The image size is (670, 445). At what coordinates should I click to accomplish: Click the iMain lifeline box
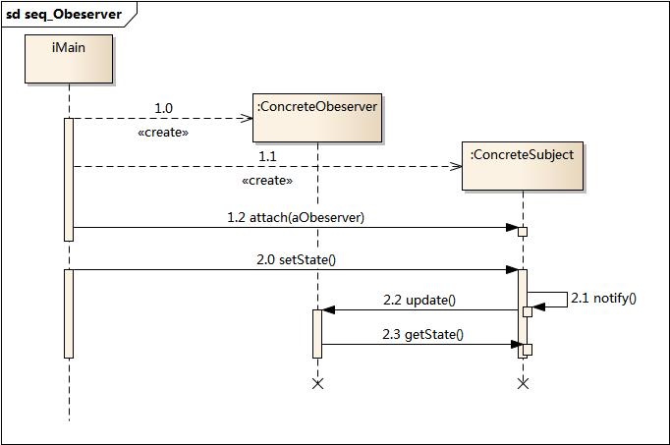pos(69,59)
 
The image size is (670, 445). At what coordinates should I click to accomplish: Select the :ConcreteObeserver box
pos(316,117)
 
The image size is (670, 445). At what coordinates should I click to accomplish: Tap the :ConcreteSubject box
pos(522,165)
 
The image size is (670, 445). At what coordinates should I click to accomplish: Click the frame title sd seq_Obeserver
pos(64,15)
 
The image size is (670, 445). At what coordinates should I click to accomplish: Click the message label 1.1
pos(267,156)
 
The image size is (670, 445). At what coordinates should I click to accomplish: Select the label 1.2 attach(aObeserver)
pos(295,217)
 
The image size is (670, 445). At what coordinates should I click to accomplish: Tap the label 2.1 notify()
pos(603,298)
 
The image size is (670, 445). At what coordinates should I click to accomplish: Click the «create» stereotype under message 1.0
pos(163,132)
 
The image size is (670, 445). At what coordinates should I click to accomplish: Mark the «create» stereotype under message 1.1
pos(266,181)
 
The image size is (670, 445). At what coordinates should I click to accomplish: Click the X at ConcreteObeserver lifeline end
pos(317,383)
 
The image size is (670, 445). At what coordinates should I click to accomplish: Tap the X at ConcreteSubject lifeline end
pos(523,383)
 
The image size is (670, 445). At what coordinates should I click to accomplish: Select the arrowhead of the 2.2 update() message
pos(328,310)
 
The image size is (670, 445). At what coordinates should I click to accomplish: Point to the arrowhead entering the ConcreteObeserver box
pos(248,119)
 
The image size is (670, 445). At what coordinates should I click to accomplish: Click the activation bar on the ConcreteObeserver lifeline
pos(317,334)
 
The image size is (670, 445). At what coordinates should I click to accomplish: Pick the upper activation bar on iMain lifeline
pos(69,179)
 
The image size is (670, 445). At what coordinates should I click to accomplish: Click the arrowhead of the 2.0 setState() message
pos(512,269)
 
